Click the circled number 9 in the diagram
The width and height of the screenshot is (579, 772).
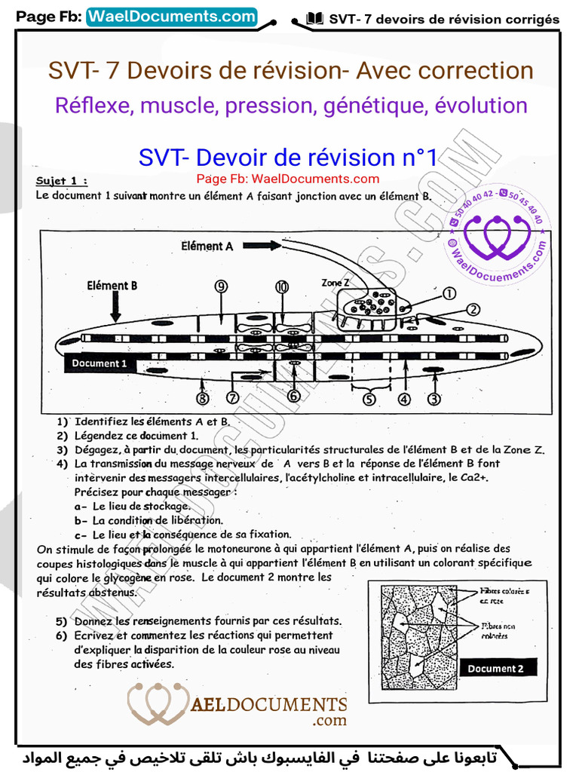pos(220,286)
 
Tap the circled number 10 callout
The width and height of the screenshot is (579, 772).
pos(281,286)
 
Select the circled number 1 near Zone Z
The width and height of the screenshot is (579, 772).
pos(449,294)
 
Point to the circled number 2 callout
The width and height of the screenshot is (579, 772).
pos(473,309)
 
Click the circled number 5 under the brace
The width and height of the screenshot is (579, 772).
pos(369,399)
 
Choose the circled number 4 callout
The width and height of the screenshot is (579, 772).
pos(405,399)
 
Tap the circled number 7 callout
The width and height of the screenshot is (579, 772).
pos(232,397)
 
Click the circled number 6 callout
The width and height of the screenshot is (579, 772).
pos(293,396)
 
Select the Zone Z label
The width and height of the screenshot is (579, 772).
pos(335,282)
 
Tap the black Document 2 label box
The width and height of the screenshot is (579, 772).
pos(495,668)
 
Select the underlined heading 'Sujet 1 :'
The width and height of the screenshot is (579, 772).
pos(62,181)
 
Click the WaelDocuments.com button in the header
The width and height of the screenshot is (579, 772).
pos(172,17)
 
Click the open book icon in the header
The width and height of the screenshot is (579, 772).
pos(316,19)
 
